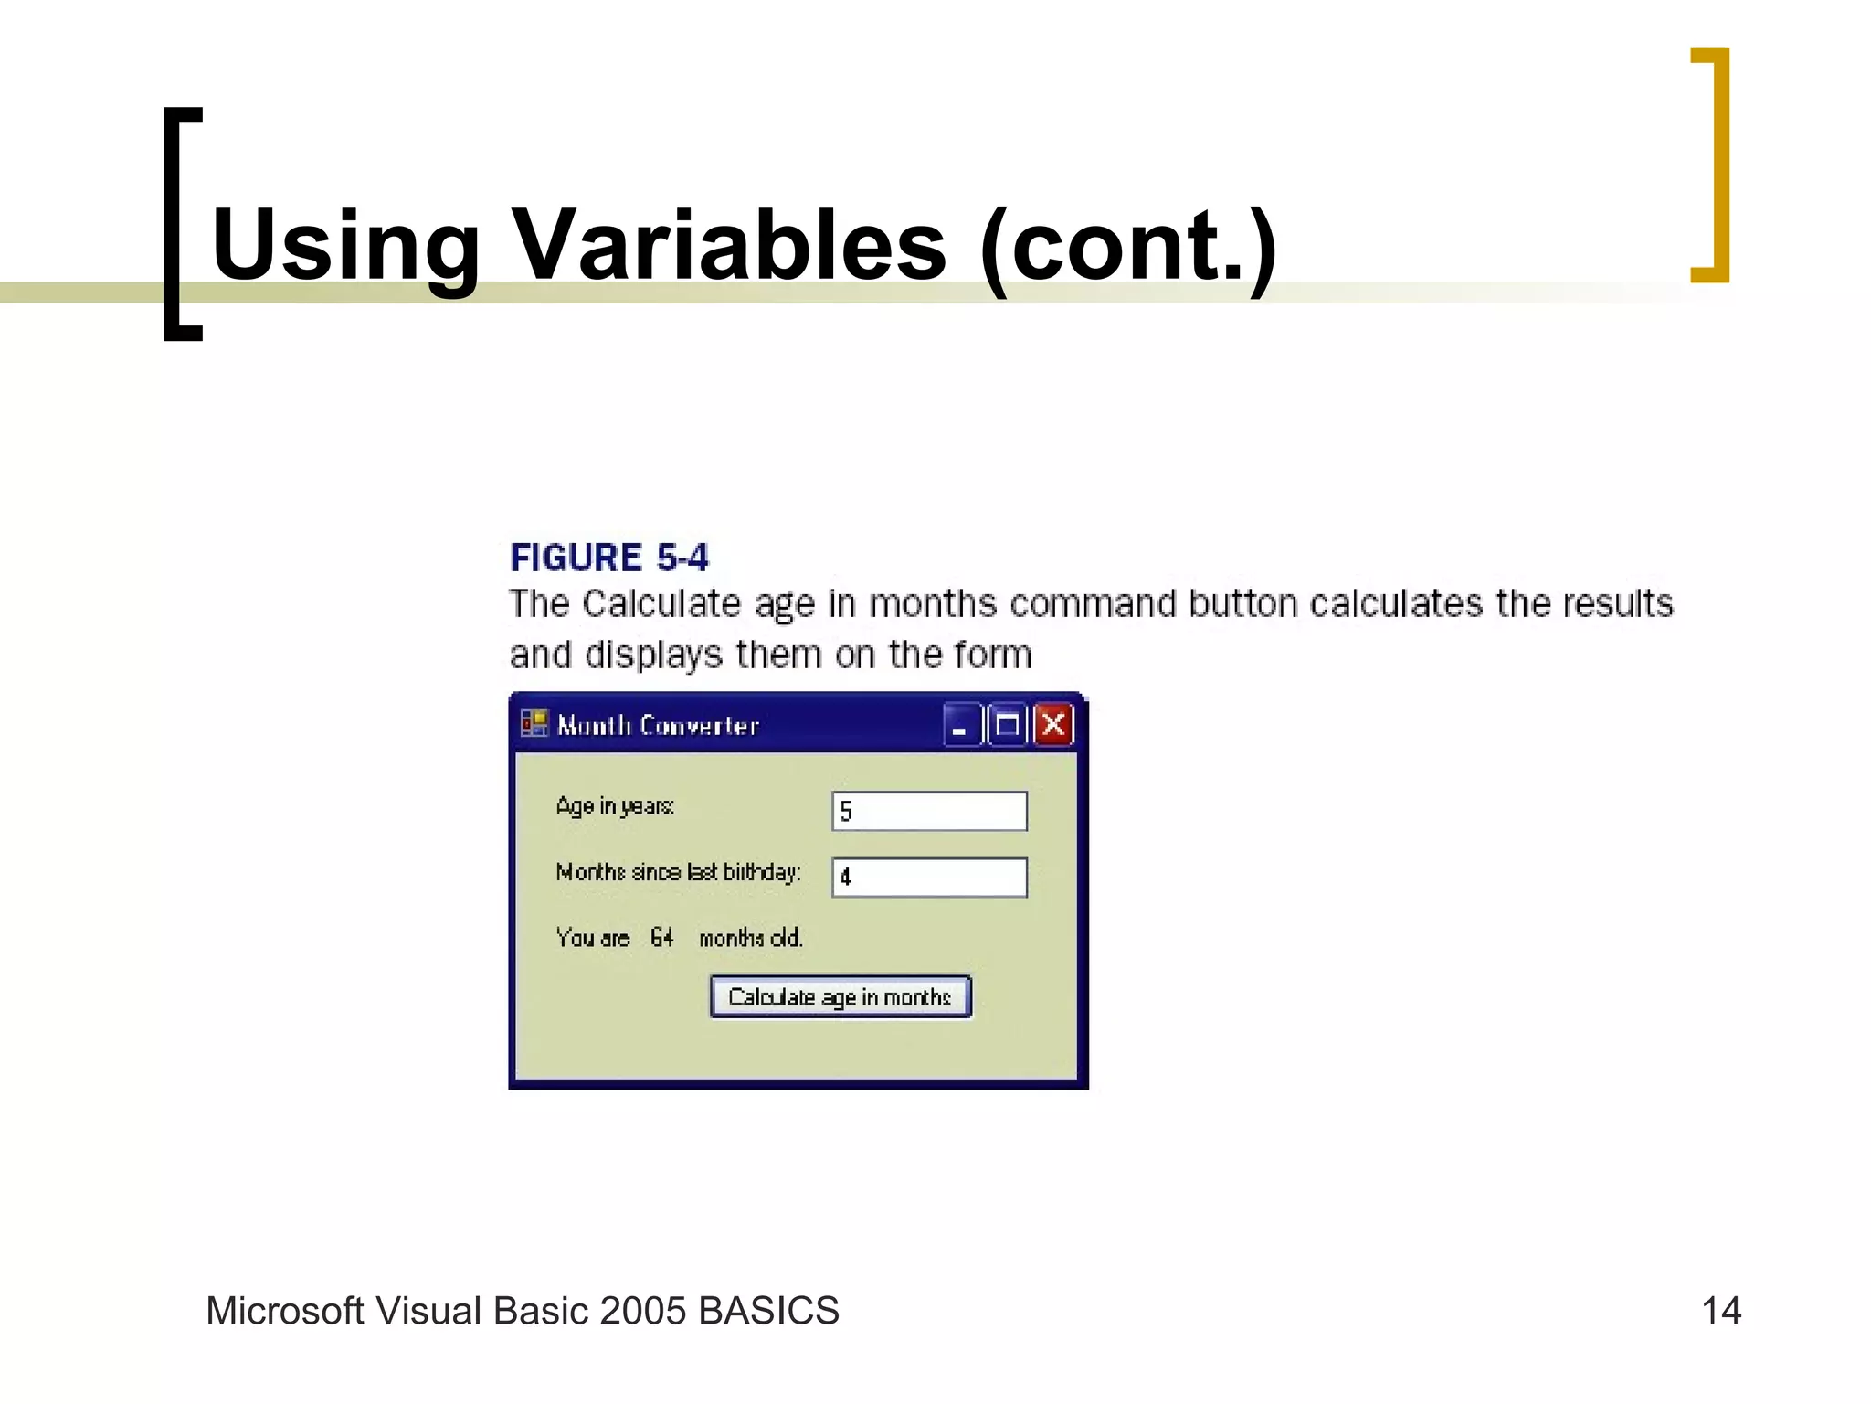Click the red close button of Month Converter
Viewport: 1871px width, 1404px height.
point(1053,726)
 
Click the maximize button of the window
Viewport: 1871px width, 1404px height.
point(1008,726)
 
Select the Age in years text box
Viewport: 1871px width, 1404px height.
point(929,811)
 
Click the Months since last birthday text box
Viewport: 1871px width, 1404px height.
point(929,877)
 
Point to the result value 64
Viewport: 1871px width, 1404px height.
point(661,938)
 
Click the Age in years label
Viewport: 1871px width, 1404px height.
point(615,806)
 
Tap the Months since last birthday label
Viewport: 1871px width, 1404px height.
point(678,872)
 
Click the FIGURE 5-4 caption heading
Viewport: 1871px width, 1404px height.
point(608,558)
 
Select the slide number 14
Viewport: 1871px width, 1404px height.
point(1721,1311)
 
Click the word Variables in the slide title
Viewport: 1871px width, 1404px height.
point(731,245)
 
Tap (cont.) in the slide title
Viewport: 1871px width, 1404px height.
point(1127,245)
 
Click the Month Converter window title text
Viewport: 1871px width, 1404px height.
point(658,726)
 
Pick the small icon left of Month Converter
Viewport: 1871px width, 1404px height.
point(534,724)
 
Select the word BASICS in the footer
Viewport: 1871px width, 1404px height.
point(768,1311)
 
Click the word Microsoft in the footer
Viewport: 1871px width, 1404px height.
point(285,1311)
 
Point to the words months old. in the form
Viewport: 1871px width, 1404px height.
point(750,938)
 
